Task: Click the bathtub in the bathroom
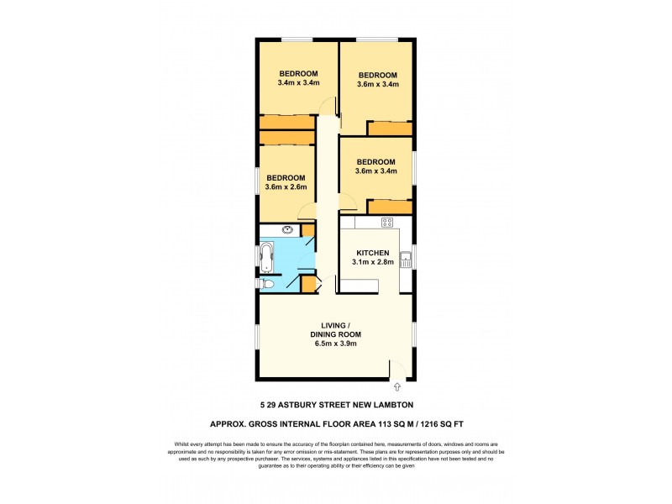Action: coord(268,258)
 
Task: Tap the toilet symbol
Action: coord(265,285)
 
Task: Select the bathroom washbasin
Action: coord(287,229)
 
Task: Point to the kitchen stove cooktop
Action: coord(387,223)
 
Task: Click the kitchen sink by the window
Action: coord(406,259)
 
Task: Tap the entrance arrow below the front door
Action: coord(396,388)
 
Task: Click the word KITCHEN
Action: coord(372,253)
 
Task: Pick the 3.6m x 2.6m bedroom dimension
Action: coord(286,187)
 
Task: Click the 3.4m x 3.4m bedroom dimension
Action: coord(297,83)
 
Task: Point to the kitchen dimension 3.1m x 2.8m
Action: coord(372,263)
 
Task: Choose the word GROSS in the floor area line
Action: coord(267,424)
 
